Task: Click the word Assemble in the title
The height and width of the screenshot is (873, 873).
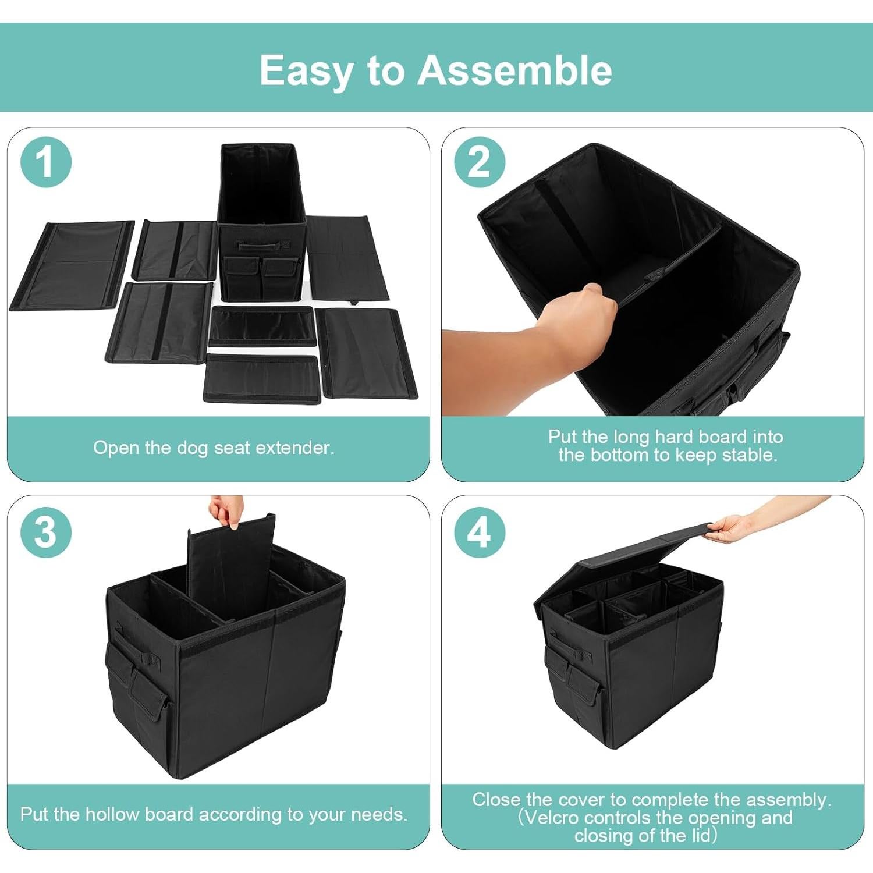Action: pyautogui.click(x=514, y=70)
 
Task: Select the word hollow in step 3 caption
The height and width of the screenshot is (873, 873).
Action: pyautogui.click(x=113, y=814)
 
